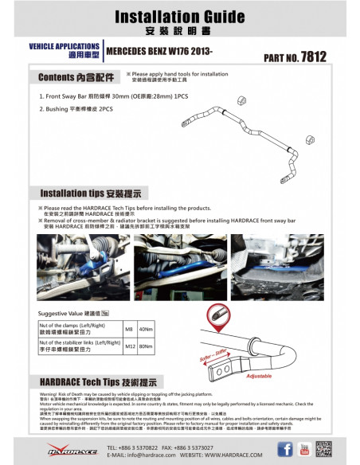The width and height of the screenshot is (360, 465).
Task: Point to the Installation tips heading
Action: pyautogui.click(x=90, y=193)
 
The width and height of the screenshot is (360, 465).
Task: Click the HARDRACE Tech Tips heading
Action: pyautogui.click(x=94, y=383)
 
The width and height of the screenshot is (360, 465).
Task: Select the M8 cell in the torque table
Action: pyautogui.click(x=129, y=329)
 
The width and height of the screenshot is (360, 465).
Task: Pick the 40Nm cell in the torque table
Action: pyautogui.click(x=146, y=329)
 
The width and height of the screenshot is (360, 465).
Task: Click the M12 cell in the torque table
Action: pyautogui.click(x=129, y=346)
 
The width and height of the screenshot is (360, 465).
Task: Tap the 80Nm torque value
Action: pyautogui.click(x=146, y=346)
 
